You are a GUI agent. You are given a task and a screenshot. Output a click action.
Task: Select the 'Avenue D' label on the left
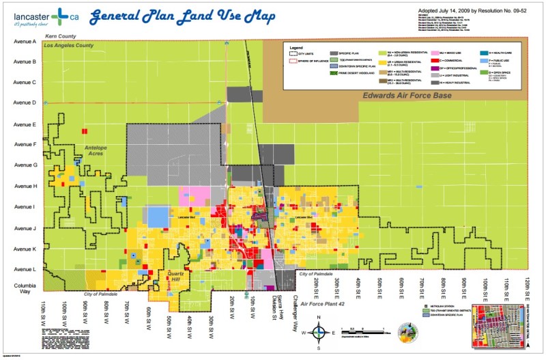point(25,103)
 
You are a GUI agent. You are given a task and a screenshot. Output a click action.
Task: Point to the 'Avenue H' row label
point(25,186)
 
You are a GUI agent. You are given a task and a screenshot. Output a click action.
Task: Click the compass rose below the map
point(319,333)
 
